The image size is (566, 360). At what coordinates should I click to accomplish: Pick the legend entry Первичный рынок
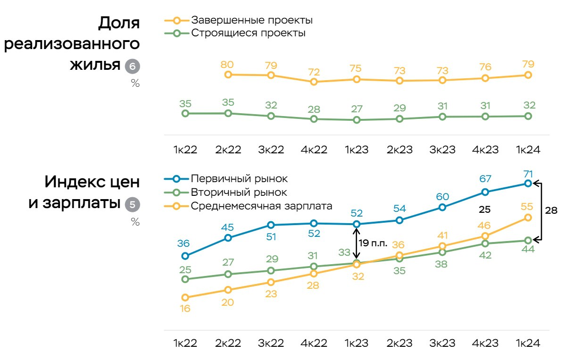(239, 179)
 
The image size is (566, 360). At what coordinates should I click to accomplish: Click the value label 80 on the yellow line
(228, 64)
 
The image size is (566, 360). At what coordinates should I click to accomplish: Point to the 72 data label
(314, 72)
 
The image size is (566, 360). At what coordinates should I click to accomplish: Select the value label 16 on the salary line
(185, 309)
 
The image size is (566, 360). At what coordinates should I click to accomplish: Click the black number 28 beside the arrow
(551, 210)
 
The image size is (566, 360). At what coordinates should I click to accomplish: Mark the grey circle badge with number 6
(132, 67)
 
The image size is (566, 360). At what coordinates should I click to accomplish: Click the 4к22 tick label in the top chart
(313, 150)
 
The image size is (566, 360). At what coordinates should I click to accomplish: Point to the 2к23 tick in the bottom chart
(399, 343)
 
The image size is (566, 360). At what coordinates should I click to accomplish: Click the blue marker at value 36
(185, 256)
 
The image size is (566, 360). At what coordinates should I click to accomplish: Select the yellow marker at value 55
(528, 218)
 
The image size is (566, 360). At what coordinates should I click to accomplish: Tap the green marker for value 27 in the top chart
(357, 120)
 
